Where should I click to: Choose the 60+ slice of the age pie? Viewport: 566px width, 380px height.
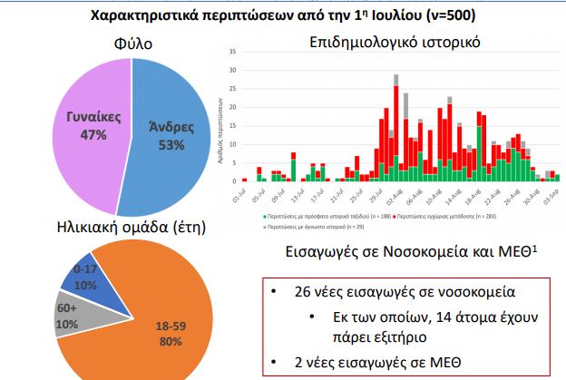(x=73, y=318)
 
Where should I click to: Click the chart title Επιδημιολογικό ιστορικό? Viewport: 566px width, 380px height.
(x=394, y=42)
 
